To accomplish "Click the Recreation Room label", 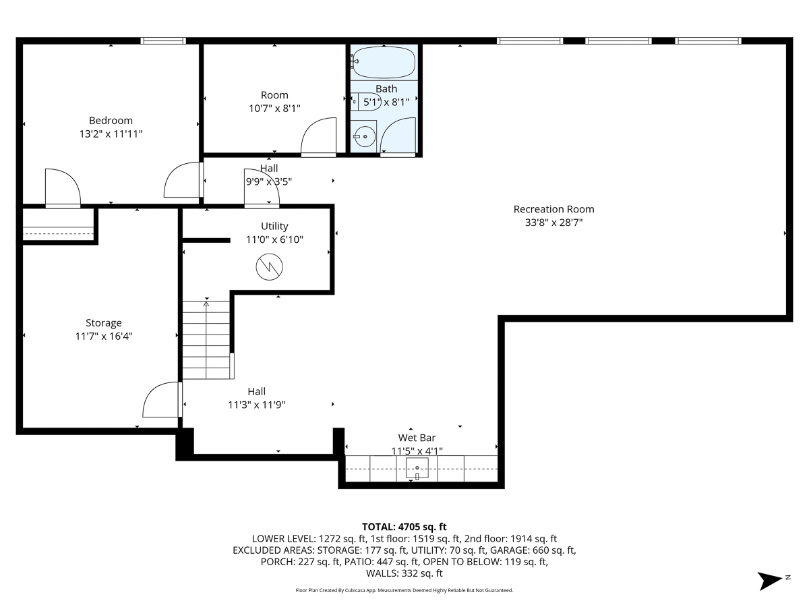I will [553, 209].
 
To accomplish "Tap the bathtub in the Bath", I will [384, 63].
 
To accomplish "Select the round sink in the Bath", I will [365, 137].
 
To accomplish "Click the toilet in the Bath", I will [358, 102].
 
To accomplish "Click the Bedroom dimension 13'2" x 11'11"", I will [111, 134].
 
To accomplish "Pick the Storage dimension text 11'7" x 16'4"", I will [103, 336].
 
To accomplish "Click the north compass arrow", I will [769, 580].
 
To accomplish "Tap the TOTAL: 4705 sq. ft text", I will [404, 527].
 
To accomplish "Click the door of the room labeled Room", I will [318, 137].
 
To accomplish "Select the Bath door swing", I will [398, 136].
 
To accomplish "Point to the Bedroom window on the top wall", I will [162, 41].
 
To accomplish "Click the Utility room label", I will [274, 226].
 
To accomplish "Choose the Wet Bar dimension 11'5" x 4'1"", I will [417, 451].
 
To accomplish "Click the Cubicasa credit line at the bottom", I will [404, 590].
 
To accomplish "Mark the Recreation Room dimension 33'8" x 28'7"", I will [553, 222].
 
